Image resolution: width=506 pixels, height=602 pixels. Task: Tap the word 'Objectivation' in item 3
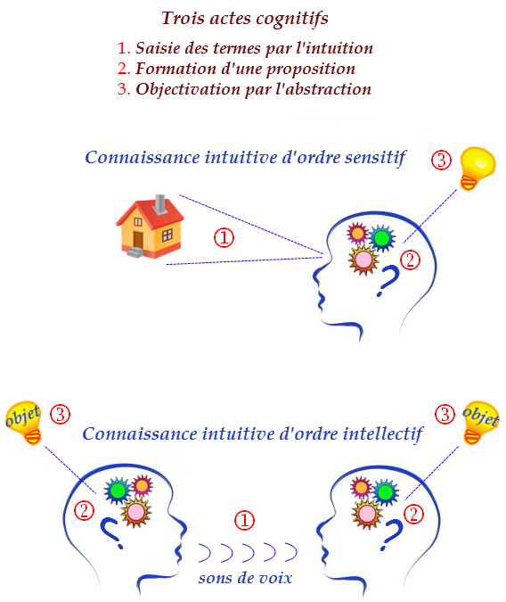tap(188, 90)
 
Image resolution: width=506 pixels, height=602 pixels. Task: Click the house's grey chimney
tap(160, 203)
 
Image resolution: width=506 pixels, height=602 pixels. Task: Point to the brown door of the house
tap(138, 240)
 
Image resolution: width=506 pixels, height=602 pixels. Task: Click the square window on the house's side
tap(167, 235)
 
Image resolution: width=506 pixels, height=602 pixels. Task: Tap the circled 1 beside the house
tap(224, 237)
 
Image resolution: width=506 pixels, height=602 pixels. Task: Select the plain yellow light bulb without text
tap(477, 168)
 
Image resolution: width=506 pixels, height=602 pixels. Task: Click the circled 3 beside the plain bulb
tap(441, 161)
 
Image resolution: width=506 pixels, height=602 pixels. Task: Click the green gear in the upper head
tap(381, 238)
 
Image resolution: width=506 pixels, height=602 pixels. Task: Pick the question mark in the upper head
tap(388, 280)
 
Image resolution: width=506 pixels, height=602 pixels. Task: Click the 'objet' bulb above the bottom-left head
tap(24, 423)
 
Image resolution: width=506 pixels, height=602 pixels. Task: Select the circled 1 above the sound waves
tap(244, 520)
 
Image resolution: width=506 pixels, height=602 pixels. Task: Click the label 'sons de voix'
tap(245, 578)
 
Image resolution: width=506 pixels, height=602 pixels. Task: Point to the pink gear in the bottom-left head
tap(135, 512)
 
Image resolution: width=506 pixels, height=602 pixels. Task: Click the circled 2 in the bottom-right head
tap(413, 514)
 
